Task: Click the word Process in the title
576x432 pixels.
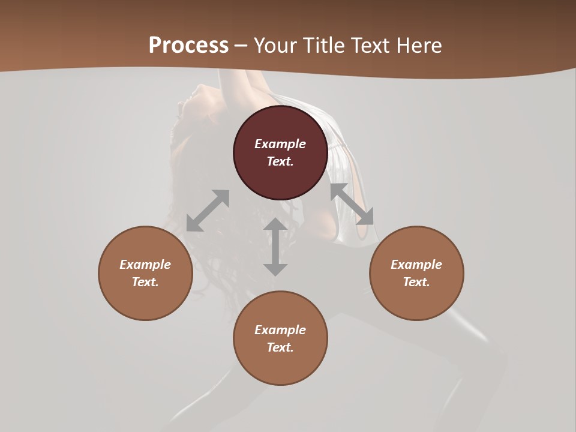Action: [188, 46]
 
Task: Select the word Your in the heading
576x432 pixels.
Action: [277, 46]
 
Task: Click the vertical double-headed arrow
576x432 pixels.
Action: [275, 247]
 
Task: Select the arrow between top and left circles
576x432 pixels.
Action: [208, 211]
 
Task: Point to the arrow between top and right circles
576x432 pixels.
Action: [352, 204]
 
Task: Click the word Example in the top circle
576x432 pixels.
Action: [280, 144]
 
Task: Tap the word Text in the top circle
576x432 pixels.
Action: [280, 161]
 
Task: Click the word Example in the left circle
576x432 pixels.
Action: [145, 265]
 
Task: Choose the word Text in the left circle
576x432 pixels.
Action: [145, 282]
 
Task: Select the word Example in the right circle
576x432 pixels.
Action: [416, 265]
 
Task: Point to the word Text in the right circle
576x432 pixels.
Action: [416, 282]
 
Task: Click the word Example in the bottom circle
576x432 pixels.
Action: [280, 330]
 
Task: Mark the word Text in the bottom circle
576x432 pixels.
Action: [280, 347]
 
